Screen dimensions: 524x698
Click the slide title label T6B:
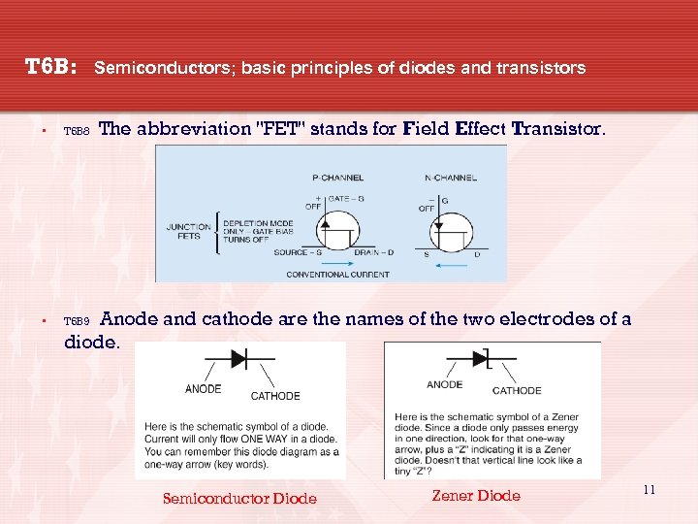tap(50, 67)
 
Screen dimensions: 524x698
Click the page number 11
tap(649, 490)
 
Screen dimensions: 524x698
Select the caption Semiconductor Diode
tap(239, 499)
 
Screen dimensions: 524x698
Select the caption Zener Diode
tap(475, 496)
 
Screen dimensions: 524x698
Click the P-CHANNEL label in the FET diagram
tap(337, 178)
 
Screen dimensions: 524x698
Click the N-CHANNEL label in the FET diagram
tap(447, 178)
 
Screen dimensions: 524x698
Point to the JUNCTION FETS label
tap(188, 232)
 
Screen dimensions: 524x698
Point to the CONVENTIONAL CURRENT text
tap(337, 275)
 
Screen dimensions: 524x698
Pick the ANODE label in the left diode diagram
tap(203, 389)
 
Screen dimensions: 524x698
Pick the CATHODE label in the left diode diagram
tap(275, 395)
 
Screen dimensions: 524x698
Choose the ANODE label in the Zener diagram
tap(444, 384)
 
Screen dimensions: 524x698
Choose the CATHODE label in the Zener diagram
tap(517, 390)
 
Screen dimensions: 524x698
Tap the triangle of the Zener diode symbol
tap(478, 359)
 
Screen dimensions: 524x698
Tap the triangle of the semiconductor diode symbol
tap(236, 358)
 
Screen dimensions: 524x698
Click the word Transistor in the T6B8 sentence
tap(556, 129)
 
